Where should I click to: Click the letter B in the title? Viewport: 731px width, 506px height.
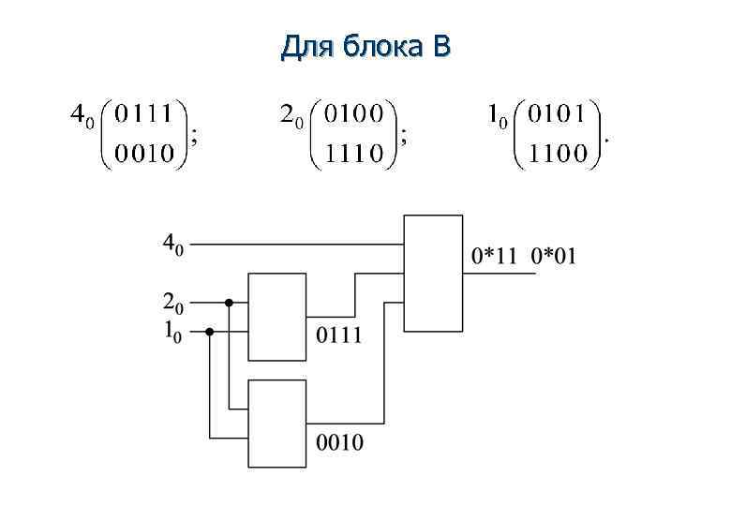441,45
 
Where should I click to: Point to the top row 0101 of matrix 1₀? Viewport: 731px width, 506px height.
559,115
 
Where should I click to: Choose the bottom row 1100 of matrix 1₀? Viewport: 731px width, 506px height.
559,153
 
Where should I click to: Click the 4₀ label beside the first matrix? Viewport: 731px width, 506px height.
82,117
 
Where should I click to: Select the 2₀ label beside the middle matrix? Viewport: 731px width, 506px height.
291,117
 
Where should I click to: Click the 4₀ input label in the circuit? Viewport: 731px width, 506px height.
173,245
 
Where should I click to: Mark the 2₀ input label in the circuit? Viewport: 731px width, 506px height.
173,303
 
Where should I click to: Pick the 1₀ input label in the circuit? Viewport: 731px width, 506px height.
173,330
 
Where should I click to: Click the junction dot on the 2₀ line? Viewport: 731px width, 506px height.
228,303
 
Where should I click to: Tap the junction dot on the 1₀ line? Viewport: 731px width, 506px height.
209,331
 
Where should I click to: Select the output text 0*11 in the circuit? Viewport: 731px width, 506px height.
494,255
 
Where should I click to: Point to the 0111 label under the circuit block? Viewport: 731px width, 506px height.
338,335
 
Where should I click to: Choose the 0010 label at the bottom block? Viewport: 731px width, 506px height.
339,441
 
